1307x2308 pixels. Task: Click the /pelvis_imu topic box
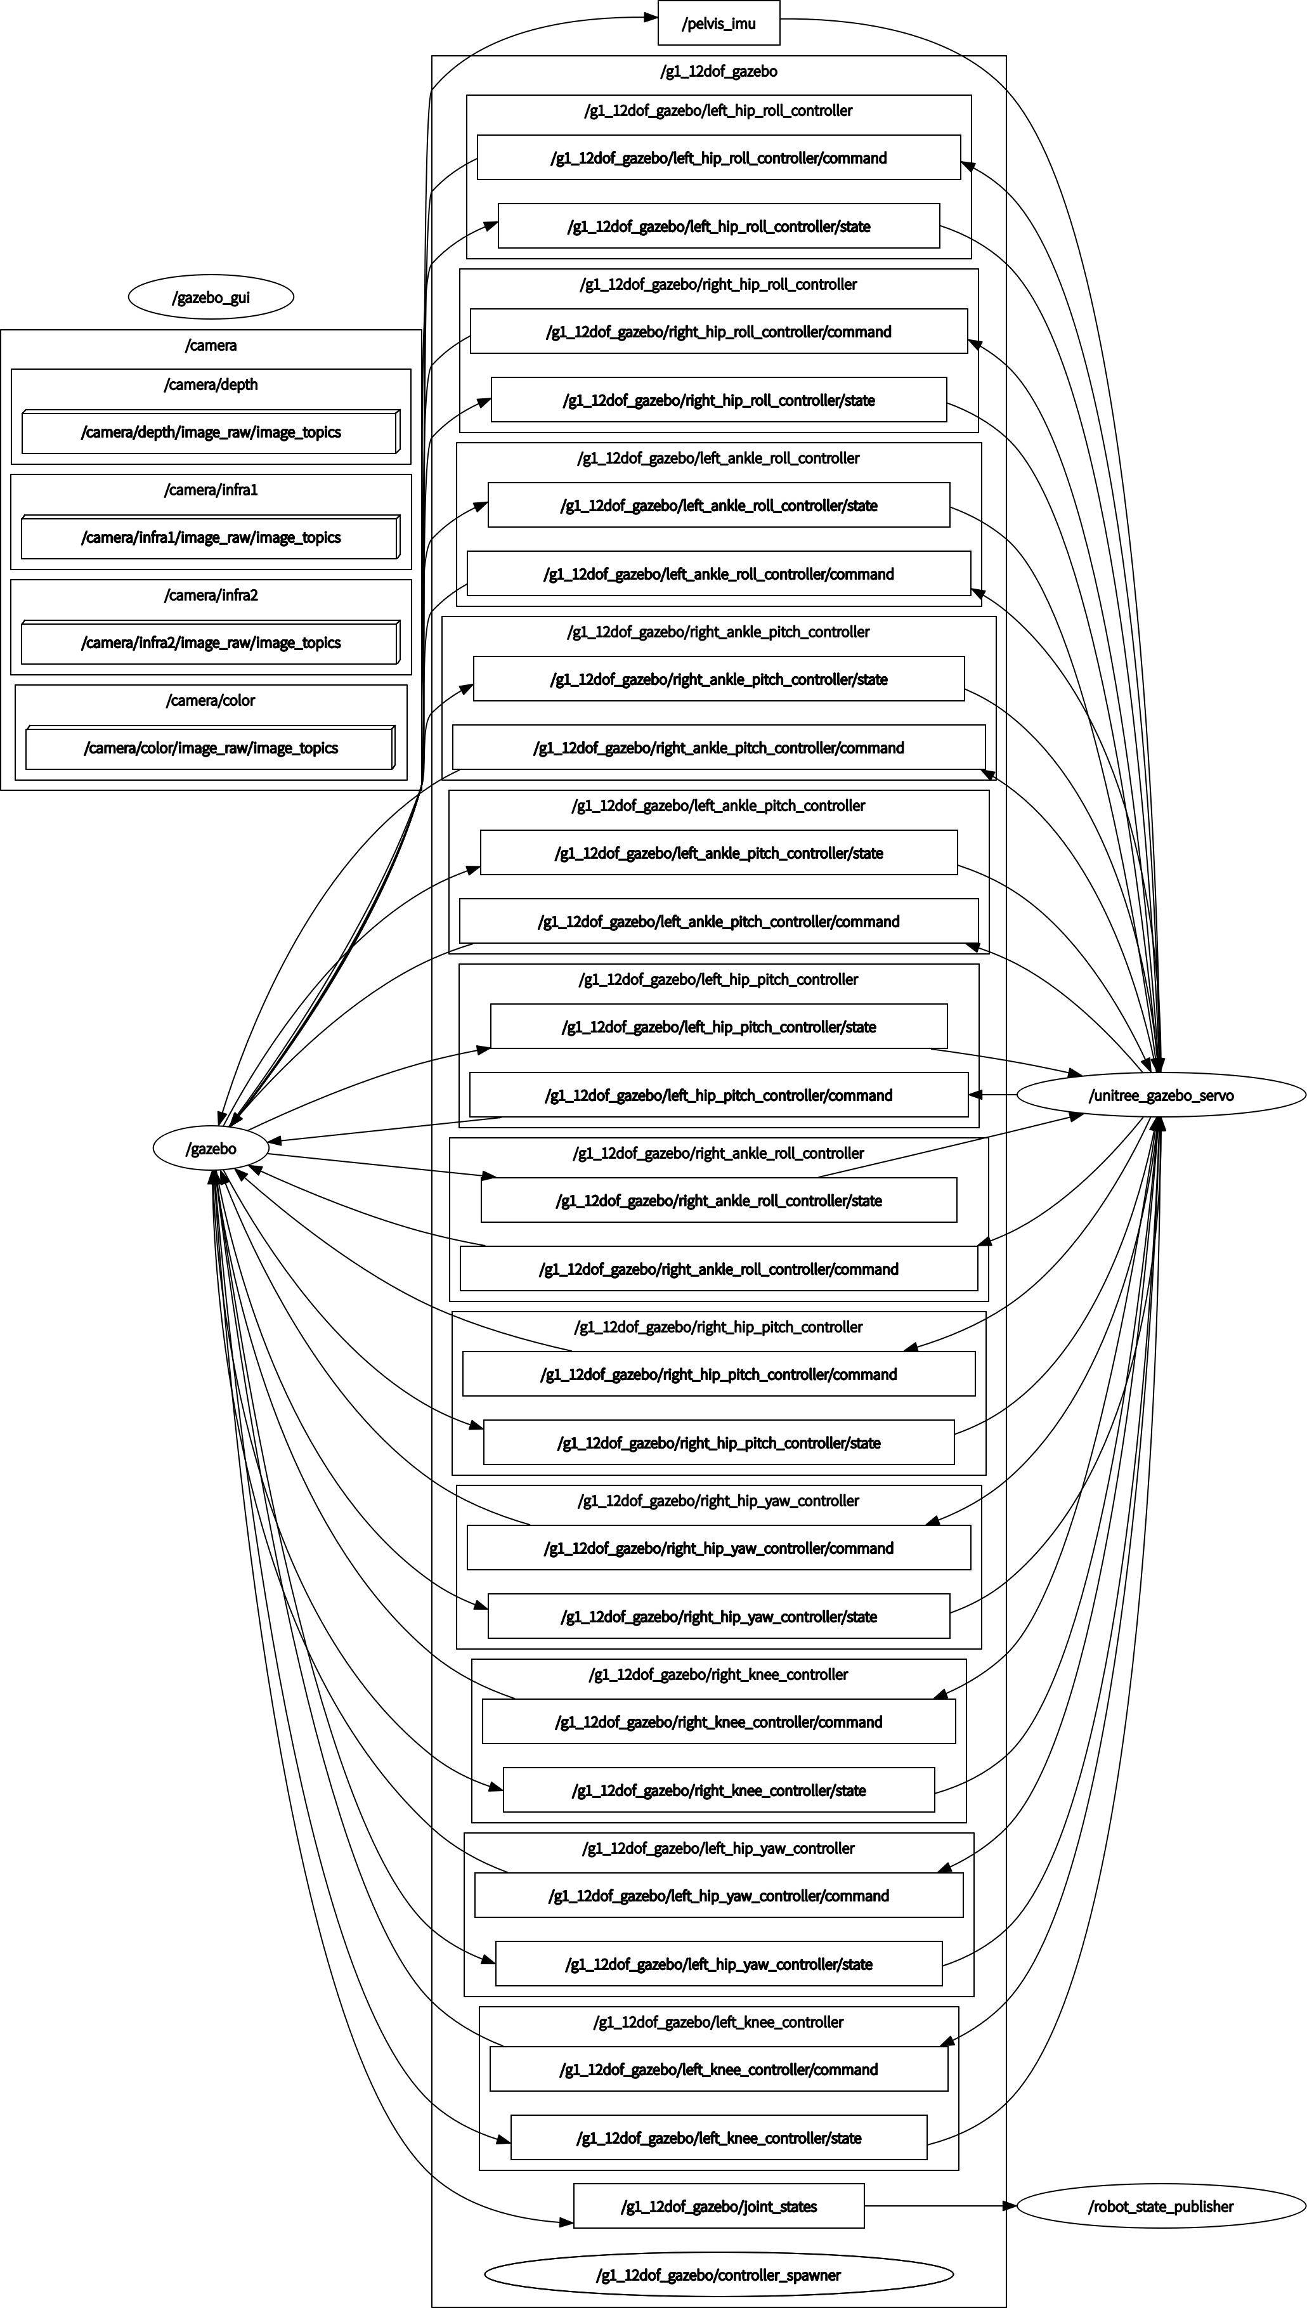pyautogui.click(x=718, y=23)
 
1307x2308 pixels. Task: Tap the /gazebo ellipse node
pyautogui.click(x=211, y=1149)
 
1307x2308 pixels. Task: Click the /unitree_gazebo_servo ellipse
pyautogui.click(x=1161, y=1095)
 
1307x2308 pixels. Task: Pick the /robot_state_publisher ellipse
pyautogui.click(x=1161, y=2207)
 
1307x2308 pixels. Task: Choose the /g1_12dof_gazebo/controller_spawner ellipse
pyautogui.click(x=718, y=2275)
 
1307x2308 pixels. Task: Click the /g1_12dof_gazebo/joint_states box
pyautogui.click(x=718, y=2207)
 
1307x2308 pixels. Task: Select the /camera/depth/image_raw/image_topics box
pyautogui.click(x=210, y=433)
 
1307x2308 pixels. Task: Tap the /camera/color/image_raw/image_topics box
pyautogui.click(x=210, y=748)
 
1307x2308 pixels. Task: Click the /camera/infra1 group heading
pyautogui.click(x=211, y=490)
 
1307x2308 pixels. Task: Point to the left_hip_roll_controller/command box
pyautogui.click(x=718, y=158)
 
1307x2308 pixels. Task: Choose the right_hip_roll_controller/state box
pyautogui.click(x=718, y=400)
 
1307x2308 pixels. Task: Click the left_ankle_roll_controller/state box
pyautogui.click(x=718, y=505)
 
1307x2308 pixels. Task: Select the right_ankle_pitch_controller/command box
pyautogui.click(x=718, y=748)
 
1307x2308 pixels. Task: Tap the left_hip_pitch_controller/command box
pyautogui.click(x=718, y=1095)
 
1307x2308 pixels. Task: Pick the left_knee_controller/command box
pyautogui.click(x=718, y=2070)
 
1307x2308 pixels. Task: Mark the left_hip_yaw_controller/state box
pyautogui.click(x=718, y=1964)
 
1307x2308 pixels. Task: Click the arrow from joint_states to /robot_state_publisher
pyautogui.click(x=938, y=2206)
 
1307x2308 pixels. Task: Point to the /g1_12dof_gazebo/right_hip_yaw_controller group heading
pyautogui.click(x=718, y=1501)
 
